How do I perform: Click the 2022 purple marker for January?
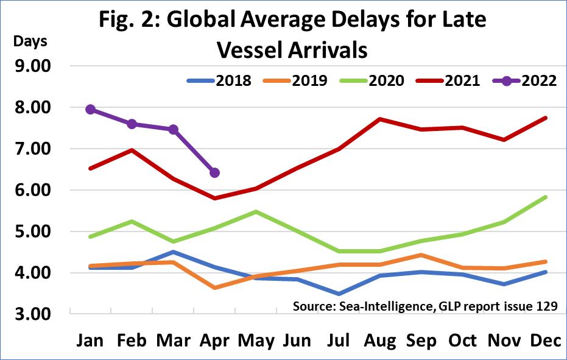point(90,110)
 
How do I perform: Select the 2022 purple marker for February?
point(132,124)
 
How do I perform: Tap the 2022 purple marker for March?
point(173,129)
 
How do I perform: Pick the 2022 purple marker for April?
point(214,173)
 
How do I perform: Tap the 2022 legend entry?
point(530,81)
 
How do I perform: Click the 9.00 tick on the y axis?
point(33,66)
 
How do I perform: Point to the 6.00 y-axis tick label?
point(33,190)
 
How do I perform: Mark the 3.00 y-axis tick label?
point(33,314)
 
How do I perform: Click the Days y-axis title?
point(30,43)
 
